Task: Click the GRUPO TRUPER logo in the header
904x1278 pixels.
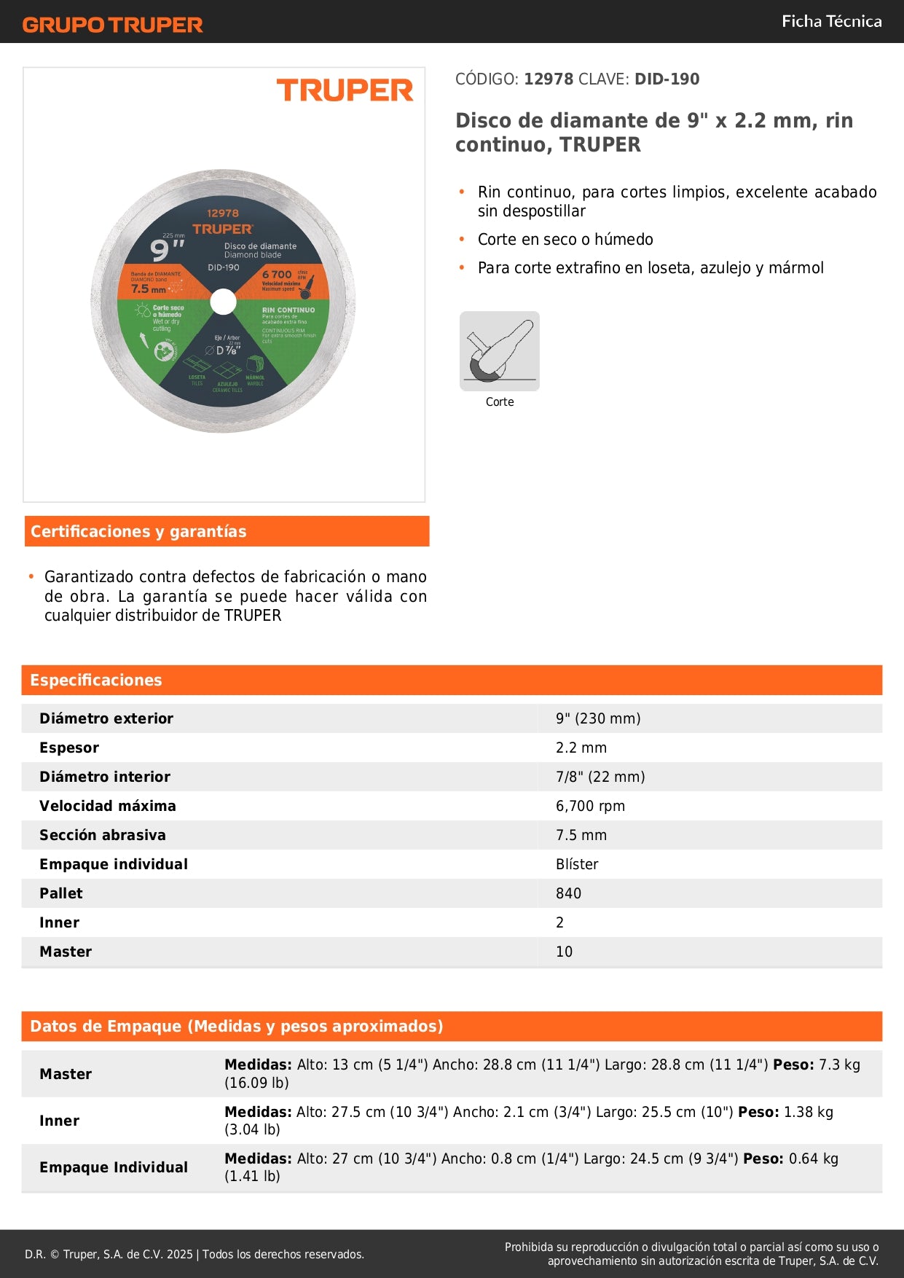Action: [112, 25]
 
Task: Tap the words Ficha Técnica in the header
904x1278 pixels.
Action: [831, 21]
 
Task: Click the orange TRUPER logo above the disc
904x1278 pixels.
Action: [345, 90]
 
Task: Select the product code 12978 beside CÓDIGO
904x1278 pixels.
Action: [549, 79]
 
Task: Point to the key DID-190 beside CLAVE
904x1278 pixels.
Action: [667, 79]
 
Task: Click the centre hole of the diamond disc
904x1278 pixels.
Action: [223, 302]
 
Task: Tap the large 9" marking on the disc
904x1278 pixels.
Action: [166, 250]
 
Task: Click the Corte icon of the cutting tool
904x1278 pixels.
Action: [500, 351]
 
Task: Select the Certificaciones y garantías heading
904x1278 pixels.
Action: [138, 531]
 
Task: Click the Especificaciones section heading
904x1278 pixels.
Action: [96, 680]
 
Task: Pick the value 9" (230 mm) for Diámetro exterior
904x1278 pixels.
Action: [598, 718]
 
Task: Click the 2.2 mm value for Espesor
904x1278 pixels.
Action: [581, 748]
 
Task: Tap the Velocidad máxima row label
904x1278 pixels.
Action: [108, 806]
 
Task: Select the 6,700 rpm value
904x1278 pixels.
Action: [590, 806]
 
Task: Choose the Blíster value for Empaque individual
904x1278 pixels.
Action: [577, 864]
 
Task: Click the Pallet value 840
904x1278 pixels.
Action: [568, 893]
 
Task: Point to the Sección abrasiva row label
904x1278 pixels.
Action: [103, 835]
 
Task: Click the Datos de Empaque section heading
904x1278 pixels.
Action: [237, 1026]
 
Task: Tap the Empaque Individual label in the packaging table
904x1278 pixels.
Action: [114, 1167]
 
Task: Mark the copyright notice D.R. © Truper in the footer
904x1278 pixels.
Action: [194, 1254]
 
